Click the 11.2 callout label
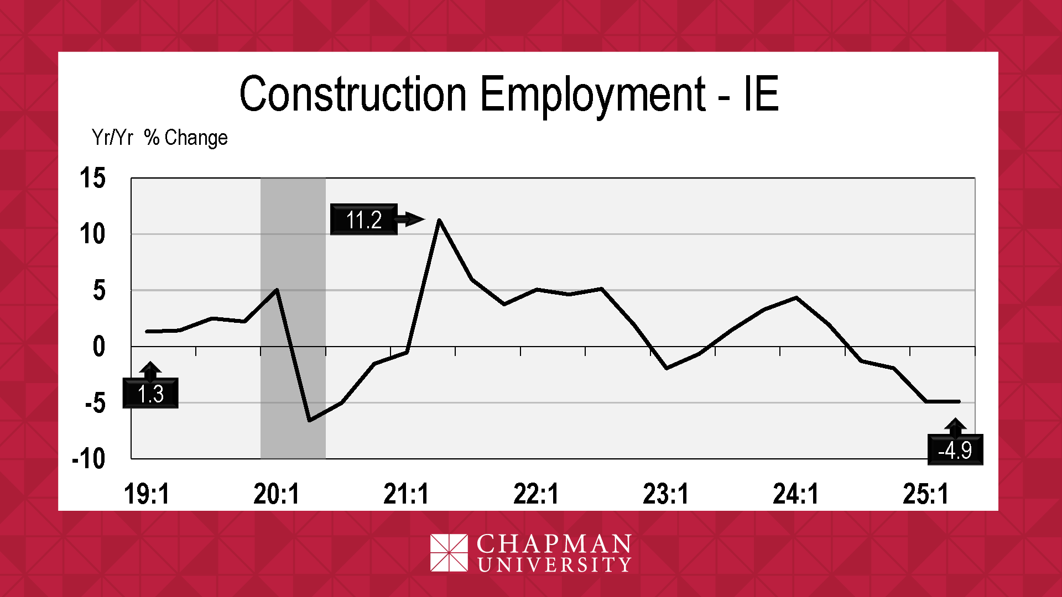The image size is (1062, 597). pos(363,219)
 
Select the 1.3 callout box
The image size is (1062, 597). pos(150,394)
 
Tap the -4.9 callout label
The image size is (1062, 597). pos(955,450)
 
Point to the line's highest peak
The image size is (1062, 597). pos(439,220)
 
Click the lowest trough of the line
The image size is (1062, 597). pos(310,421)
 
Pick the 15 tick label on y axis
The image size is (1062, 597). pos(92,179)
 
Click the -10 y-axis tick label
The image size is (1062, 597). pos(89,459)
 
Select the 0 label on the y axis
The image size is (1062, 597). pos(98,347)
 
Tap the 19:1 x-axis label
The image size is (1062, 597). pos(147,494)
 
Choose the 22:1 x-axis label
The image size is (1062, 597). pos(536,494)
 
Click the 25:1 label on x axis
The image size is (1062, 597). pos(925,494)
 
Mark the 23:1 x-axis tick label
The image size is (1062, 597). pos(666,494)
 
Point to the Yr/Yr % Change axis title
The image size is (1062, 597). pos(159,138)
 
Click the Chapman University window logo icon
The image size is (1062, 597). pos(449,552)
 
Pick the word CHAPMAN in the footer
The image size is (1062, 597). pos(554,544)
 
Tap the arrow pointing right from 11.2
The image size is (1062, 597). pos(410,219)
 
